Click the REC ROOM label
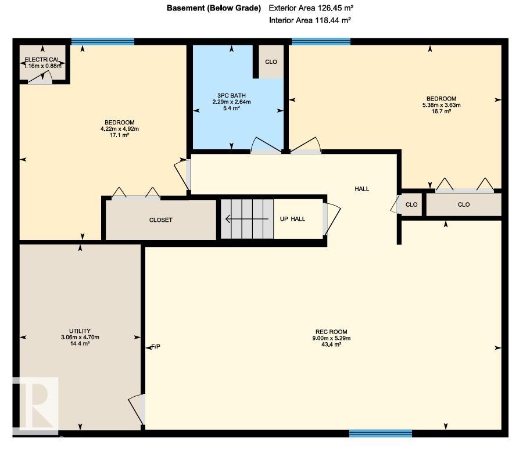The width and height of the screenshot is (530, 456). [x=331, y=332]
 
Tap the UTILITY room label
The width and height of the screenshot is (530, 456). [x=80, y=331]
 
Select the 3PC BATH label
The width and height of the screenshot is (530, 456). [x=231, y=96]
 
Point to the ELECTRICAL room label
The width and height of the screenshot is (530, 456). [x=42, y=59]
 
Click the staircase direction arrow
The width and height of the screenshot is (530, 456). [x=247, y=219]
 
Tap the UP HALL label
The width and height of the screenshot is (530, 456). [x=292, y=219]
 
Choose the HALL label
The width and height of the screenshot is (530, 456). [x=361, y=189]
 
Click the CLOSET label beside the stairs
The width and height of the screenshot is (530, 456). [x=161, y=220]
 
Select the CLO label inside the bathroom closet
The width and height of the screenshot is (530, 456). [x=271, y=62]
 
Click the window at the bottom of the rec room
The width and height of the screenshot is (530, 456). [x=381, y=433]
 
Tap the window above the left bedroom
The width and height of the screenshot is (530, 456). [x=103, y=42]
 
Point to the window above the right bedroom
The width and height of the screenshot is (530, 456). [x=321, y=42]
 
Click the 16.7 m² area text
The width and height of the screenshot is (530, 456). [x=442, y=111]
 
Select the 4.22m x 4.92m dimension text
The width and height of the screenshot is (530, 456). [x=120, y=129]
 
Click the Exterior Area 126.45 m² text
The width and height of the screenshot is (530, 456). [x=311, y=8]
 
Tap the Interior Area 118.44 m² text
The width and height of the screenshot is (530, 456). [x=310, y=20]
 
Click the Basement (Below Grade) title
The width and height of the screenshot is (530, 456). [x=214, y=8]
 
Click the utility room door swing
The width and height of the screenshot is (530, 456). [x=137, y=409]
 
